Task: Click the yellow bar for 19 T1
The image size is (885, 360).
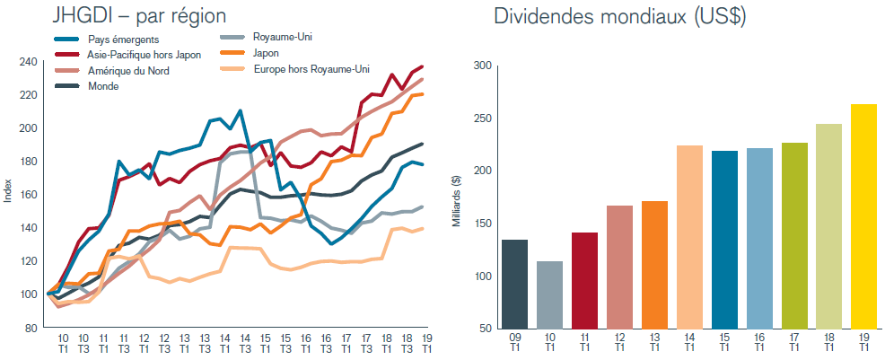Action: coord(863,216)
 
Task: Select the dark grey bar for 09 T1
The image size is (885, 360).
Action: coord(514,284)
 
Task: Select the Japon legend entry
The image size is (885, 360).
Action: coord(269,53)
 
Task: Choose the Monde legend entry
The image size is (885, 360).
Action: coord(103,86)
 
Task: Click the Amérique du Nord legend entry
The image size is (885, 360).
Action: coord(129,70)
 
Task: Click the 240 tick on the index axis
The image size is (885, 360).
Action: coord(28,62)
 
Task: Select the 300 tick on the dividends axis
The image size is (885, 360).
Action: coord(482,66)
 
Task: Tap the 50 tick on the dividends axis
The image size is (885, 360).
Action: coord(486,328)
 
